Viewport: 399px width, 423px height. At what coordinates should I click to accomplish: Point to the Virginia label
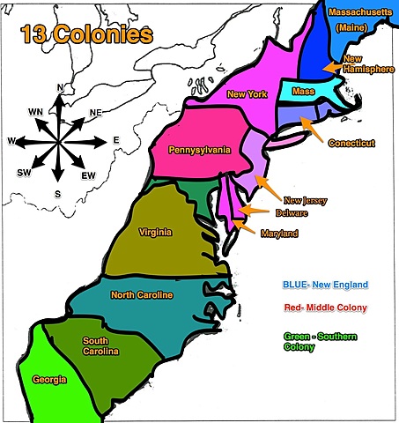point(155,232)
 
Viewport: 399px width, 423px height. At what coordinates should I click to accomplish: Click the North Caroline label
point(141,294)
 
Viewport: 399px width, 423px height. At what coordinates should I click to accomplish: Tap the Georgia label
point(49,380)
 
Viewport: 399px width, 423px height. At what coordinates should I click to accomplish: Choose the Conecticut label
point(351,143)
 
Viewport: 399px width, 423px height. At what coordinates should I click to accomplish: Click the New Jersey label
point(305,201)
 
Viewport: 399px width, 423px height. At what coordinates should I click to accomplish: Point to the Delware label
point(292,214)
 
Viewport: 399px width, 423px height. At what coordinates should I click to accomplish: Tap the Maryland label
point(280,234)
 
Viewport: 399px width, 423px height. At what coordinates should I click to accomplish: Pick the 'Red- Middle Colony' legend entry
point(326,308)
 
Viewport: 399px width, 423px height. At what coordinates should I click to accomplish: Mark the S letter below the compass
point(57,193)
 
